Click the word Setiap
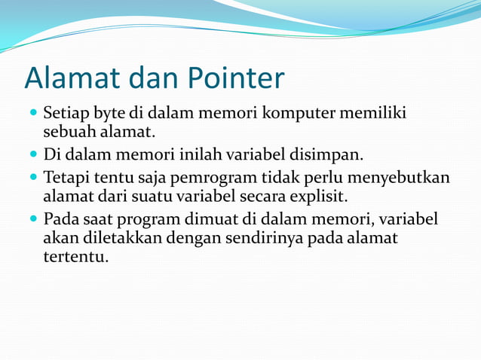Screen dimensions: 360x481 coord(66,114)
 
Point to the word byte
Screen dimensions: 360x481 coord(109,114)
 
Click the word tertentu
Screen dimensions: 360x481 coord(75,257)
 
